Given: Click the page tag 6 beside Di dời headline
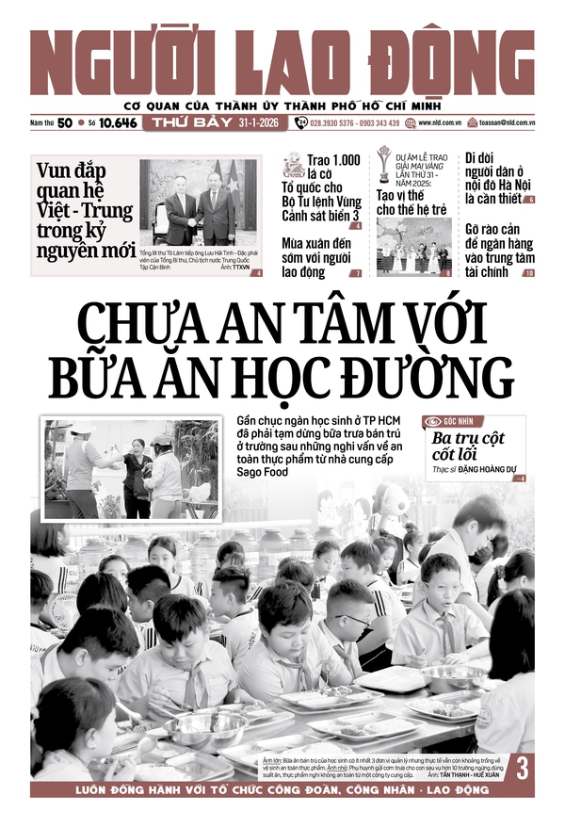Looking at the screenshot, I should coord(529,200).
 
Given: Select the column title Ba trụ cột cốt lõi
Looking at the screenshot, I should coord(468,447).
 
